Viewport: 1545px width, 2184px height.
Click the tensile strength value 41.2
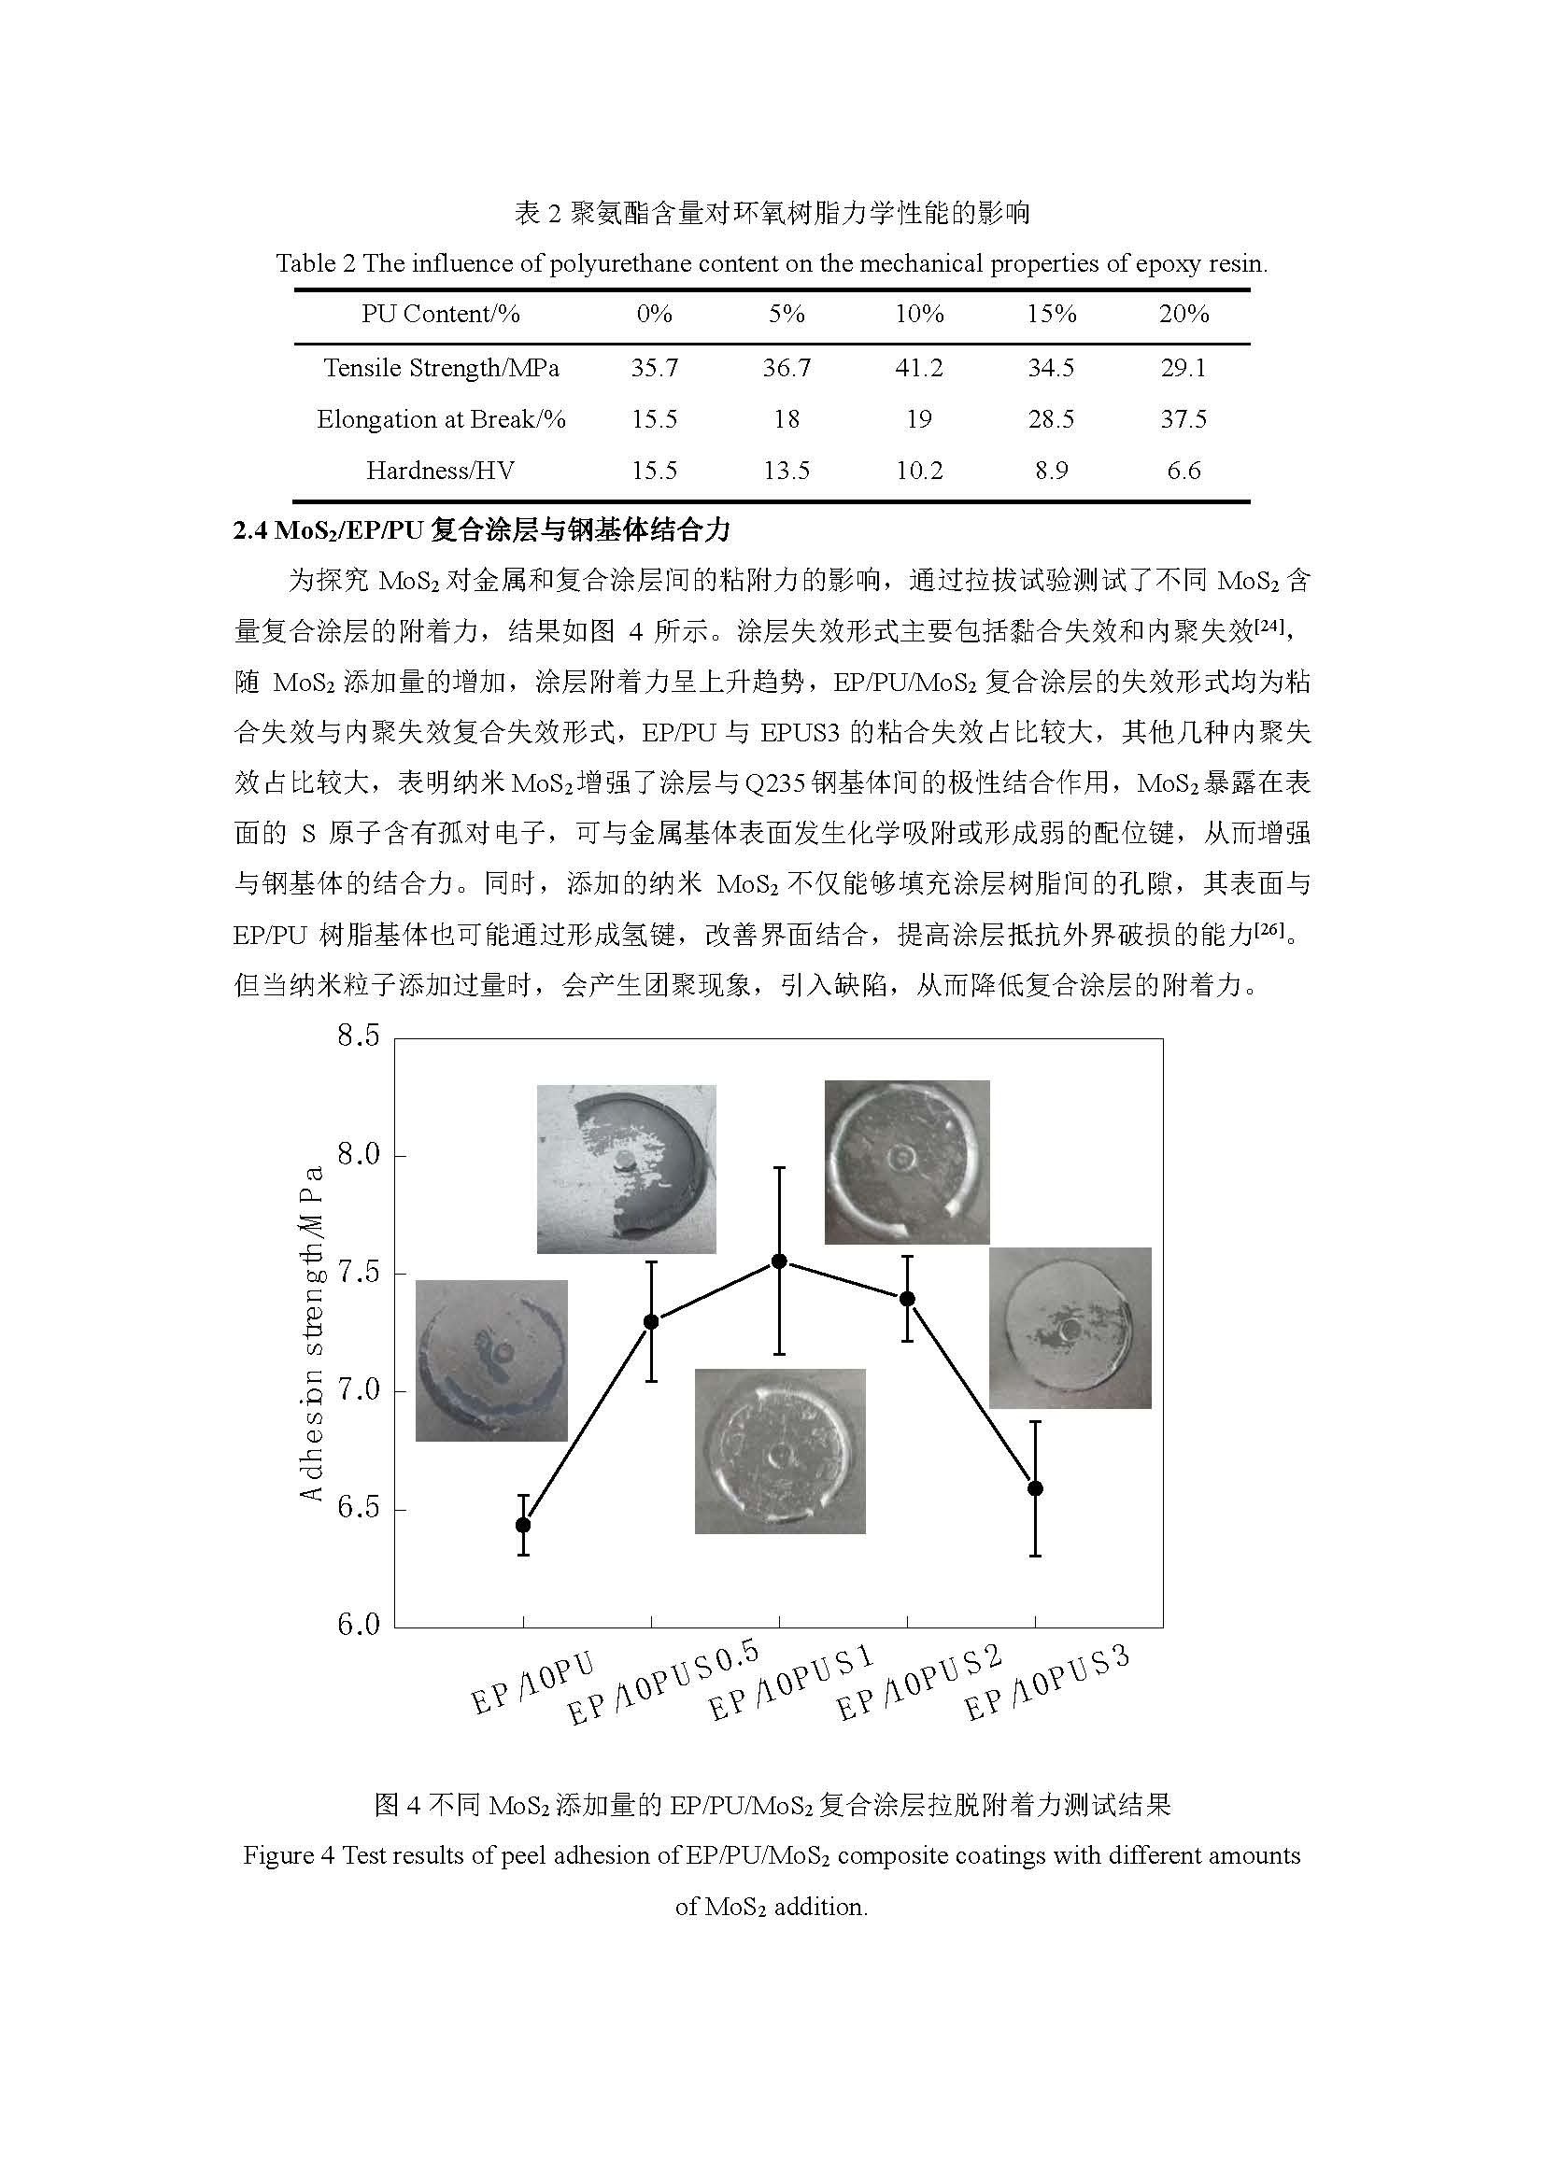tap(918, 368)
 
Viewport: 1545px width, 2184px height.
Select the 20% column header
tap(1184, 314)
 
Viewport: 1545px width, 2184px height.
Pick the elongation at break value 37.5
tap(1184, 419)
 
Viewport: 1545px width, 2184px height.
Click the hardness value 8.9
tap(1051, 471)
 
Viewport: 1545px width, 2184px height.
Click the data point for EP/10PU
tap(523, 1525)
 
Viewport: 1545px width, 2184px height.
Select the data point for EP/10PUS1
tap(779, 1261)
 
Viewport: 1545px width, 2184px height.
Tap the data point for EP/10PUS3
tap(1036, 1488)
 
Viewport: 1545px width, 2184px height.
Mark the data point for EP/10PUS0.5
tap(652, 1322)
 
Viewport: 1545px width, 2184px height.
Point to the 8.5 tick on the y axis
tap(359, 1036)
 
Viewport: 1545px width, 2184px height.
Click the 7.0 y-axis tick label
tap(359, 1390)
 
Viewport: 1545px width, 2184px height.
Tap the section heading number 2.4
tap(250, 530)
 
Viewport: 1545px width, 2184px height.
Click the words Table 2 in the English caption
tap(315, 263)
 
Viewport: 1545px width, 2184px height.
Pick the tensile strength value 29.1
tap(1184, 368)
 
